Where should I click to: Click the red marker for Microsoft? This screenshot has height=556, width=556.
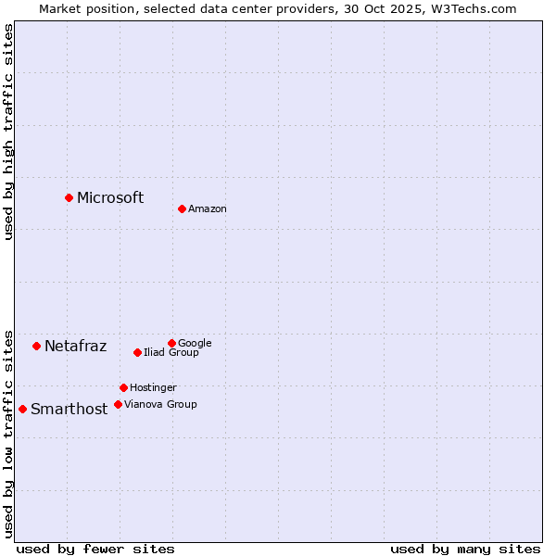[x=69, y=197]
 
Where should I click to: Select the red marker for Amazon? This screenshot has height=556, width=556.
[x=182, y=208]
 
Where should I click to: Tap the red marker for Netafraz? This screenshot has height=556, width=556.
[x=36, y=346]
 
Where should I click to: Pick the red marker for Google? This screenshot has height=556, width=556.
[x=171, y=343]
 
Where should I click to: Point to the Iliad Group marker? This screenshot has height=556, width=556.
[x=137, y=352]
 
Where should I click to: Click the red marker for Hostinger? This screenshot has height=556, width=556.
[x=123, y=387]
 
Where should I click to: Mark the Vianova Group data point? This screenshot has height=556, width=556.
[x=118, y=404]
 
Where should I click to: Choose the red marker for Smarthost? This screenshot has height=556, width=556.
[x=22, y=409]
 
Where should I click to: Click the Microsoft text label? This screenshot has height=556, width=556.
[x=110, y=197]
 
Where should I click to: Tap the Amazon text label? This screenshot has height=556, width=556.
[x=208, y=209]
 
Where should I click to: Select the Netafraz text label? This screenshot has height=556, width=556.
[x=75, y=347]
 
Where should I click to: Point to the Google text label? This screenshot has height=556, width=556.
[x=195, y=343]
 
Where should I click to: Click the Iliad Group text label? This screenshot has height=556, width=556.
[x=171, y=352]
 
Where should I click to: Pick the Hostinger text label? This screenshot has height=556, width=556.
[x=153, y=387]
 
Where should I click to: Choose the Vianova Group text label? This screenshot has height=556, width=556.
[x=160, y=404]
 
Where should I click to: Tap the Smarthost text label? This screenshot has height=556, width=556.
[x=69, y=410]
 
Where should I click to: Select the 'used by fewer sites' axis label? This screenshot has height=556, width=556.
[x=95, y=549]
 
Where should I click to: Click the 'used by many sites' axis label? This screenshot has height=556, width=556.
[x=465, y=549]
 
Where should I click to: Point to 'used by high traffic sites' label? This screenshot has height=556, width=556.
[x=9, y=132]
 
